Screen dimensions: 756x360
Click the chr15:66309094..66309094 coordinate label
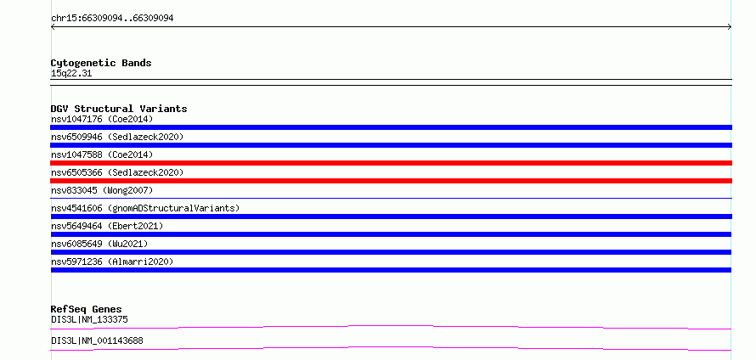coord(112,19)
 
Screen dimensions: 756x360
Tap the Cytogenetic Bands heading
coord(101,63)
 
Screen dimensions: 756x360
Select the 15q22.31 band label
coord(71,74)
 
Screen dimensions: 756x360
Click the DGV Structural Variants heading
coord(119,109)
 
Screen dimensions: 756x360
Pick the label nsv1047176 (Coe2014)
coord(102,119)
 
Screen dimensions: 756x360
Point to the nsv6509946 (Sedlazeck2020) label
coord(117,137)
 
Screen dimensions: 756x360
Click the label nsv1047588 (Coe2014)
coord(102,155)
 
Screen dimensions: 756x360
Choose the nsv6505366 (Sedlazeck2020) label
coord(117,172)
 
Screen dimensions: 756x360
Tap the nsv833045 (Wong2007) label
coord(102,190)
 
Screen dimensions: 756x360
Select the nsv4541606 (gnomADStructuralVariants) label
coord(145,208)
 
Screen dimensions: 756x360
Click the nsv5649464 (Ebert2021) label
coord(107,226)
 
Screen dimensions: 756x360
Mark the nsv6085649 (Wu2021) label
coord(99,244)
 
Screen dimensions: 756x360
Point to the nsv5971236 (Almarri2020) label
coord(112,262)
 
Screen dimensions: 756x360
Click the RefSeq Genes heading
coord(87,309)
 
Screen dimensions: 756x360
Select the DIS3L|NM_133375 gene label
coord(89,319)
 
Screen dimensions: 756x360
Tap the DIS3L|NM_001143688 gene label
coord(97,340)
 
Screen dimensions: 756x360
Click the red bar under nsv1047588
coord(391,163)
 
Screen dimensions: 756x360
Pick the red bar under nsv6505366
coord(391,181)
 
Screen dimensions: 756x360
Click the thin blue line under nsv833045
coord(391,198)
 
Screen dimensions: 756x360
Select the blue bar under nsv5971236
coord(391,270)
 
